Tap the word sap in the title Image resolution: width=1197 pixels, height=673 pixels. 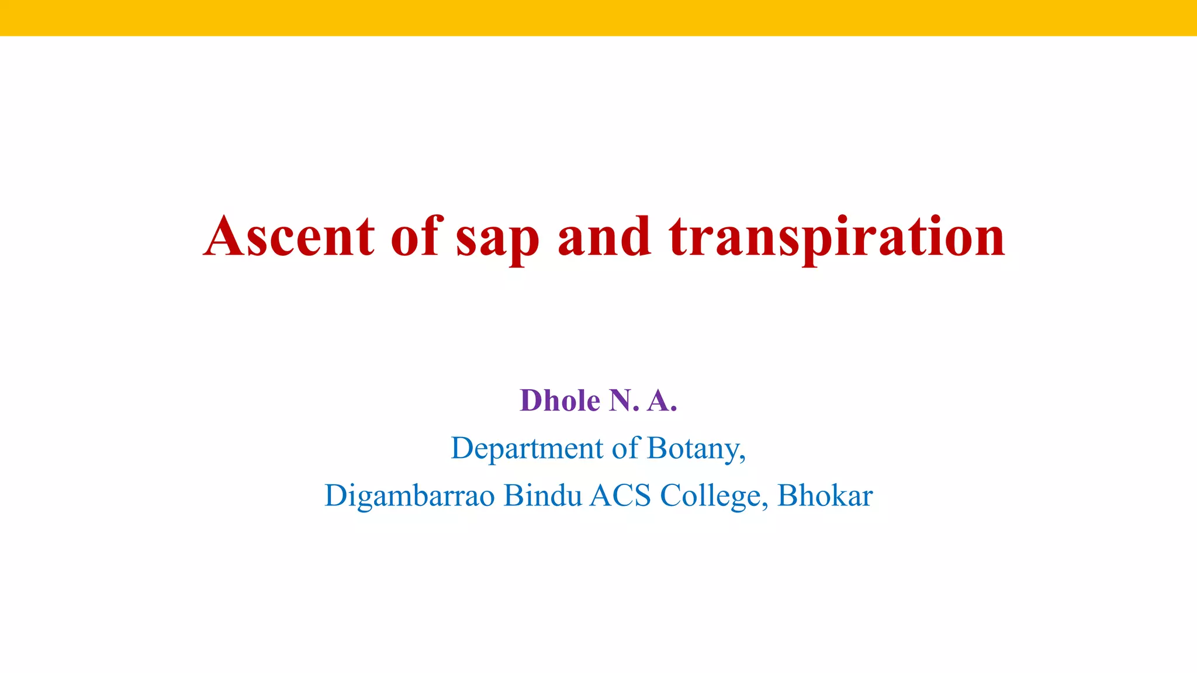(x=497, y=240)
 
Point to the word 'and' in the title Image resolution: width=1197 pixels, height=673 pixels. (x=604, y=237)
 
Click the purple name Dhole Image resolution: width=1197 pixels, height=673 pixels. (x=560, y=401)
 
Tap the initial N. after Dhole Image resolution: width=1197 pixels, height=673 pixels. (x=624, y=401)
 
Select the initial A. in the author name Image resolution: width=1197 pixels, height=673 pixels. (x=662, y=401)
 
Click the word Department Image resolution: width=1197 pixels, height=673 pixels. (x=527, y=449)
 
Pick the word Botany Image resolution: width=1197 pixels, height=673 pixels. (x=693, y=449)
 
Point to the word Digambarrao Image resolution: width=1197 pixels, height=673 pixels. (x=410, y=496)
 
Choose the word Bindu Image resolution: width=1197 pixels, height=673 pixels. (x=542, y=495)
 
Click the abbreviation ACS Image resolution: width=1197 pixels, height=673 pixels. (x=620, y=495)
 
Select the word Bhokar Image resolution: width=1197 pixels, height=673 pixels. (x=825, y=495)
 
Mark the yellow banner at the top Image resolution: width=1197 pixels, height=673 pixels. (x=598, y=18)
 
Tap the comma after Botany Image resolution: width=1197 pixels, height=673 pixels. (x=743, y=457)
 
